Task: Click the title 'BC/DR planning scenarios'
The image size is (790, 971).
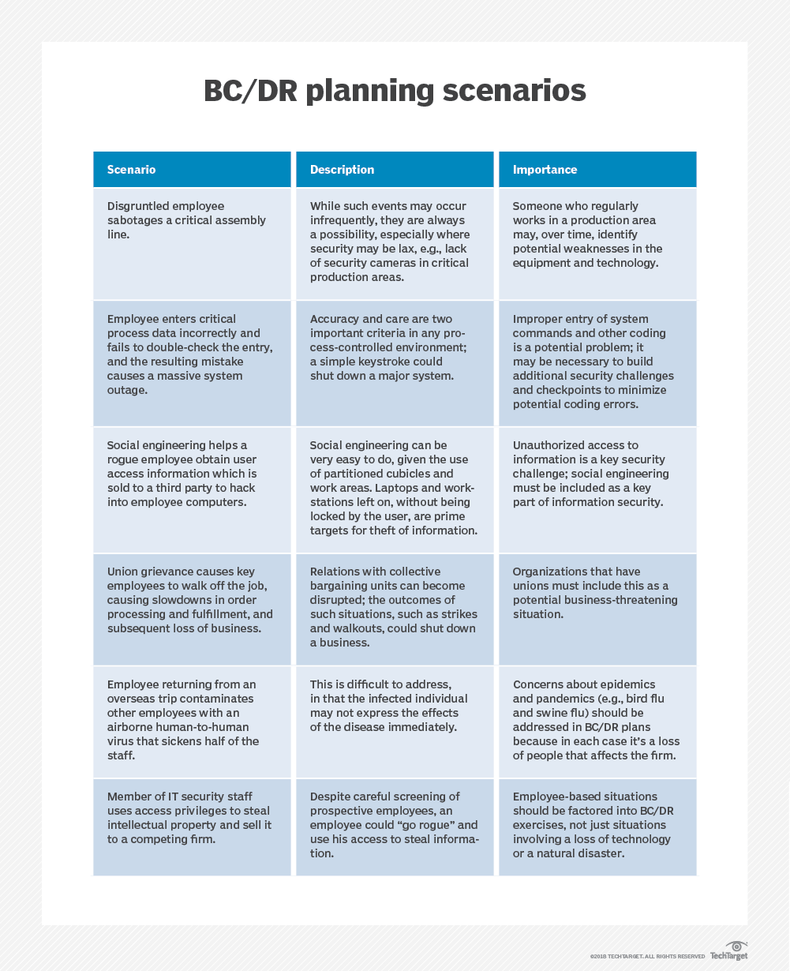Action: (x=395, y=91)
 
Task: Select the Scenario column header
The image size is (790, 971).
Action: (x=192, y=170)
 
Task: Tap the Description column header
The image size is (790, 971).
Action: (x=395, y=170)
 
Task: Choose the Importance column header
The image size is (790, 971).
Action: (x=597, y=170)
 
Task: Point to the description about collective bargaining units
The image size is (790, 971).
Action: (x=395, y=607)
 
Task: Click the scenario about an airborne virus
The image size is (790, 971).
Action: (x=192, y=720)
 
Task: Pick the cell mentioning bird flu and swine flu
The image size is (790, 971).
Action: (x=597, y=720)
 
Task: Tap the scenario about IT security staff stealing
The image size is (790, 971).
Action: (x=192, y=825)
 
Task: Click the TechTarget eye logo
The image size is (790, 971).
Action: (x=737, y=947)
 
